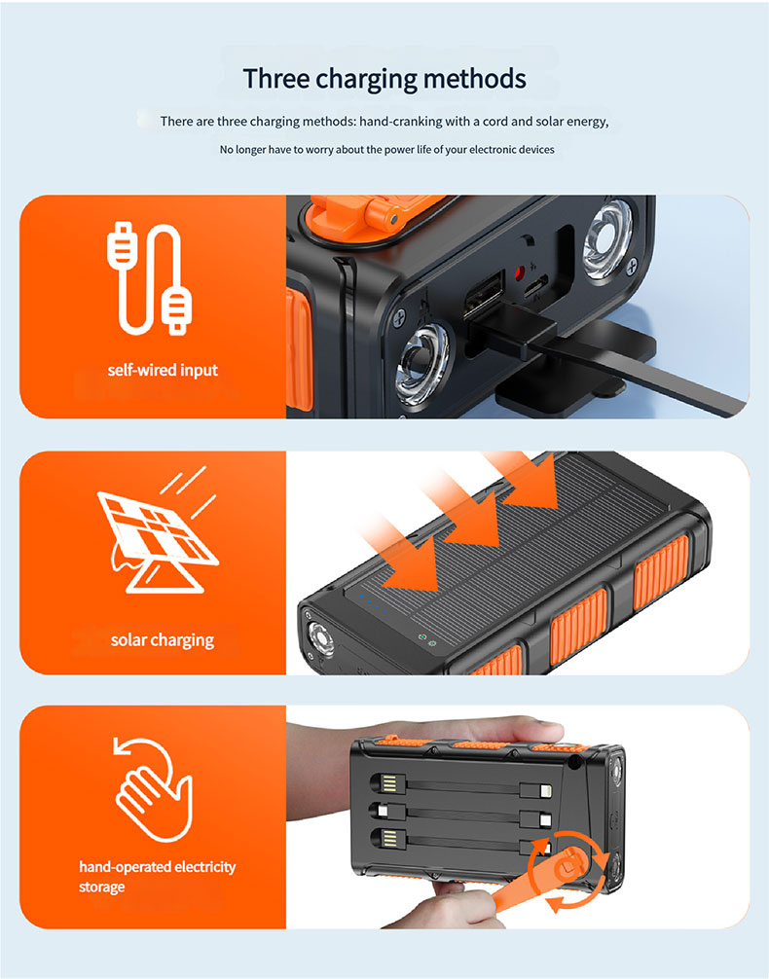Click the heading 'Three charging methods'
(384, 79)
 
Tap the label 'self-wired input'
(163, 370)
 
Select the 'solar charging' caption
(163, 640)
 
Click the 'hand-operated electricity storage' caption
(157, 876)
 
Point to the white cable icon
(149, 278)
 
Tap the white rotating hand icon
(154, 789)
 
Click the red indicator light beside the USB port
(519, 272)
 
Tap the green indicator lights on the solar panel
(426, 639)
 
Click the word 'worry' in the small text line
(319, 150)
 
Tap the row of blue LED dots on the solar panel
(373, 604)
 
